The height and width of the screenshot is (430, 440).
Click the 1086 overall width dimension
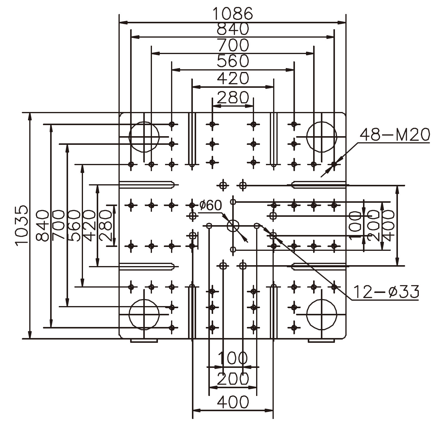[233, 13]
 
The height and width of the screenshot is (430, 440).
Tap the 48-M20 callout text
[395, 135]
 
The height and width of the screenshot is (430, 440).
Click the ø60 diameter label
[210, 205]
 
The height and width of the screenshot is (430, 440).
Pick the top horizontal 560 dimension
[233, 61]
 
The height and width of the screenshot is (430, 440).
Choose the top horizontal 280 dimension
[233, 97]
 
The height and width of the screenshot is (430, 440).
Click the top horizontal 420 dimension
[233, 79]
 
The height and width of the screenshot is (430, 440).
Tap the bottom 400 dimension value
[233, 402]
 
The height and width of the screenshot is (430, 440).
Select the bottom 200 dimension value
[233, 379]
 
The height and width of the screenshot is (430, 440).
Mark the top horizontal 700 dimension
[233, 45]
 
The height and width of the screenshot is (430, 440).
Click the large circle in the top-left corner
[144, 137]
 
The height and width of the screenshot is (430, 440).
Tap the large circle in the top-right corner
[321, 137]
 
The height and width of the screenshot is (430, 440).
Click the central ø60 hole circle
[233, 226]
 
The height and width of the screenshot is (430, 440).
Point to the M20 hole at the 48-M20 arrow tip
[334, 164]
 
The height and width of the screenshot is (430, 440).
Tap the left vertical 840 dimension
[42, 225]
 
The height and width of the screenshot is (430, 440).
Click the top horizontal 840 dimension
[233, 29]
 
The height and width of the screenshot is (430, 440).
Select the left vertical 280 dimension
[105, 225]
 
